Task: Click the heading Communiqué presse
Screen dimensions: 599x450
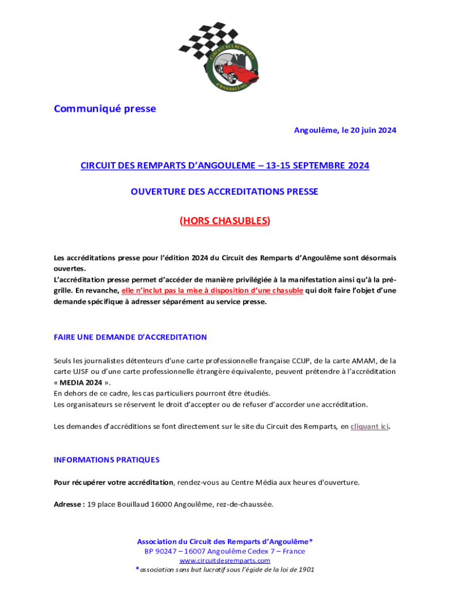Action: point(105,109)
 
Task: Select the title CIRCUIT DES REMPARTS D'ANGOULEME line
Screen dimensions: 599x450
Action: point(225,166)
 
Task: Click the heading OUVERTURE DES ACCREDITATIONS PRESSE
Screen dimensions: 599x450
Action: point(225,192)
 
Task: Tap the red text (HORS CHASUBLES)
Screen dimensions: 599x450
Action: point(225,221)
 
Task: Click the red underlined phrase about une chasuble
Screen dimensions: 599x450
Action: point(212,291)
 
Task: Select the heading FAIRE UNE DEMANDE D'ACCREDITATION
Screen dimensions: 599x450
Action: point(130,338)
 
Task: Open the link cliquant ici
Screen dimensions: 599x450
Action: point(369,426)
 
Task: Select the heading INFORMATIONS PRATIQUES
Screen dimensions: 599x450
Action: point(106,460)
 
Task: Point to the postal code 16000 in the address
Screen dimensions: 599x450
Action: point(160,504)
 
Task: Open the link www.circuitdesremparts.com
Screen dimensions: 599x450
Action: point(225,561)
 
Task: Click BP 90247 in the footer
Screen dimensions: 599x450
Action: point(161,552)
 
